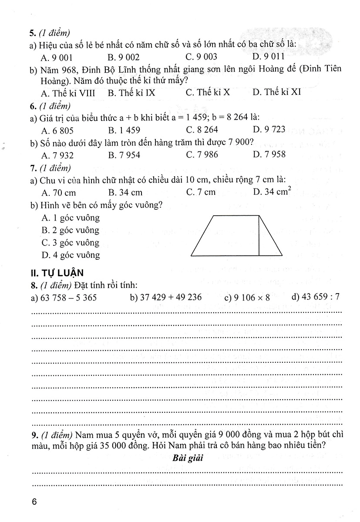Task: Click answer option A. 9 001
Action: point(57,57)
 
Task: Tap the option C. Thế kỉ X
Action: point(208,93)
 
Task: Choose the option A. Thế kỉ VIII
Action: point(68,93)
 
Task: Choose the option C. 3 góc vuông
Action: point(71,242)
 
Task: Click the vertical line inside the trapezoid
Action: point(259,235)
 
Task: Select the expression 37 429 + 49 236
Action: point(166,298)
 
